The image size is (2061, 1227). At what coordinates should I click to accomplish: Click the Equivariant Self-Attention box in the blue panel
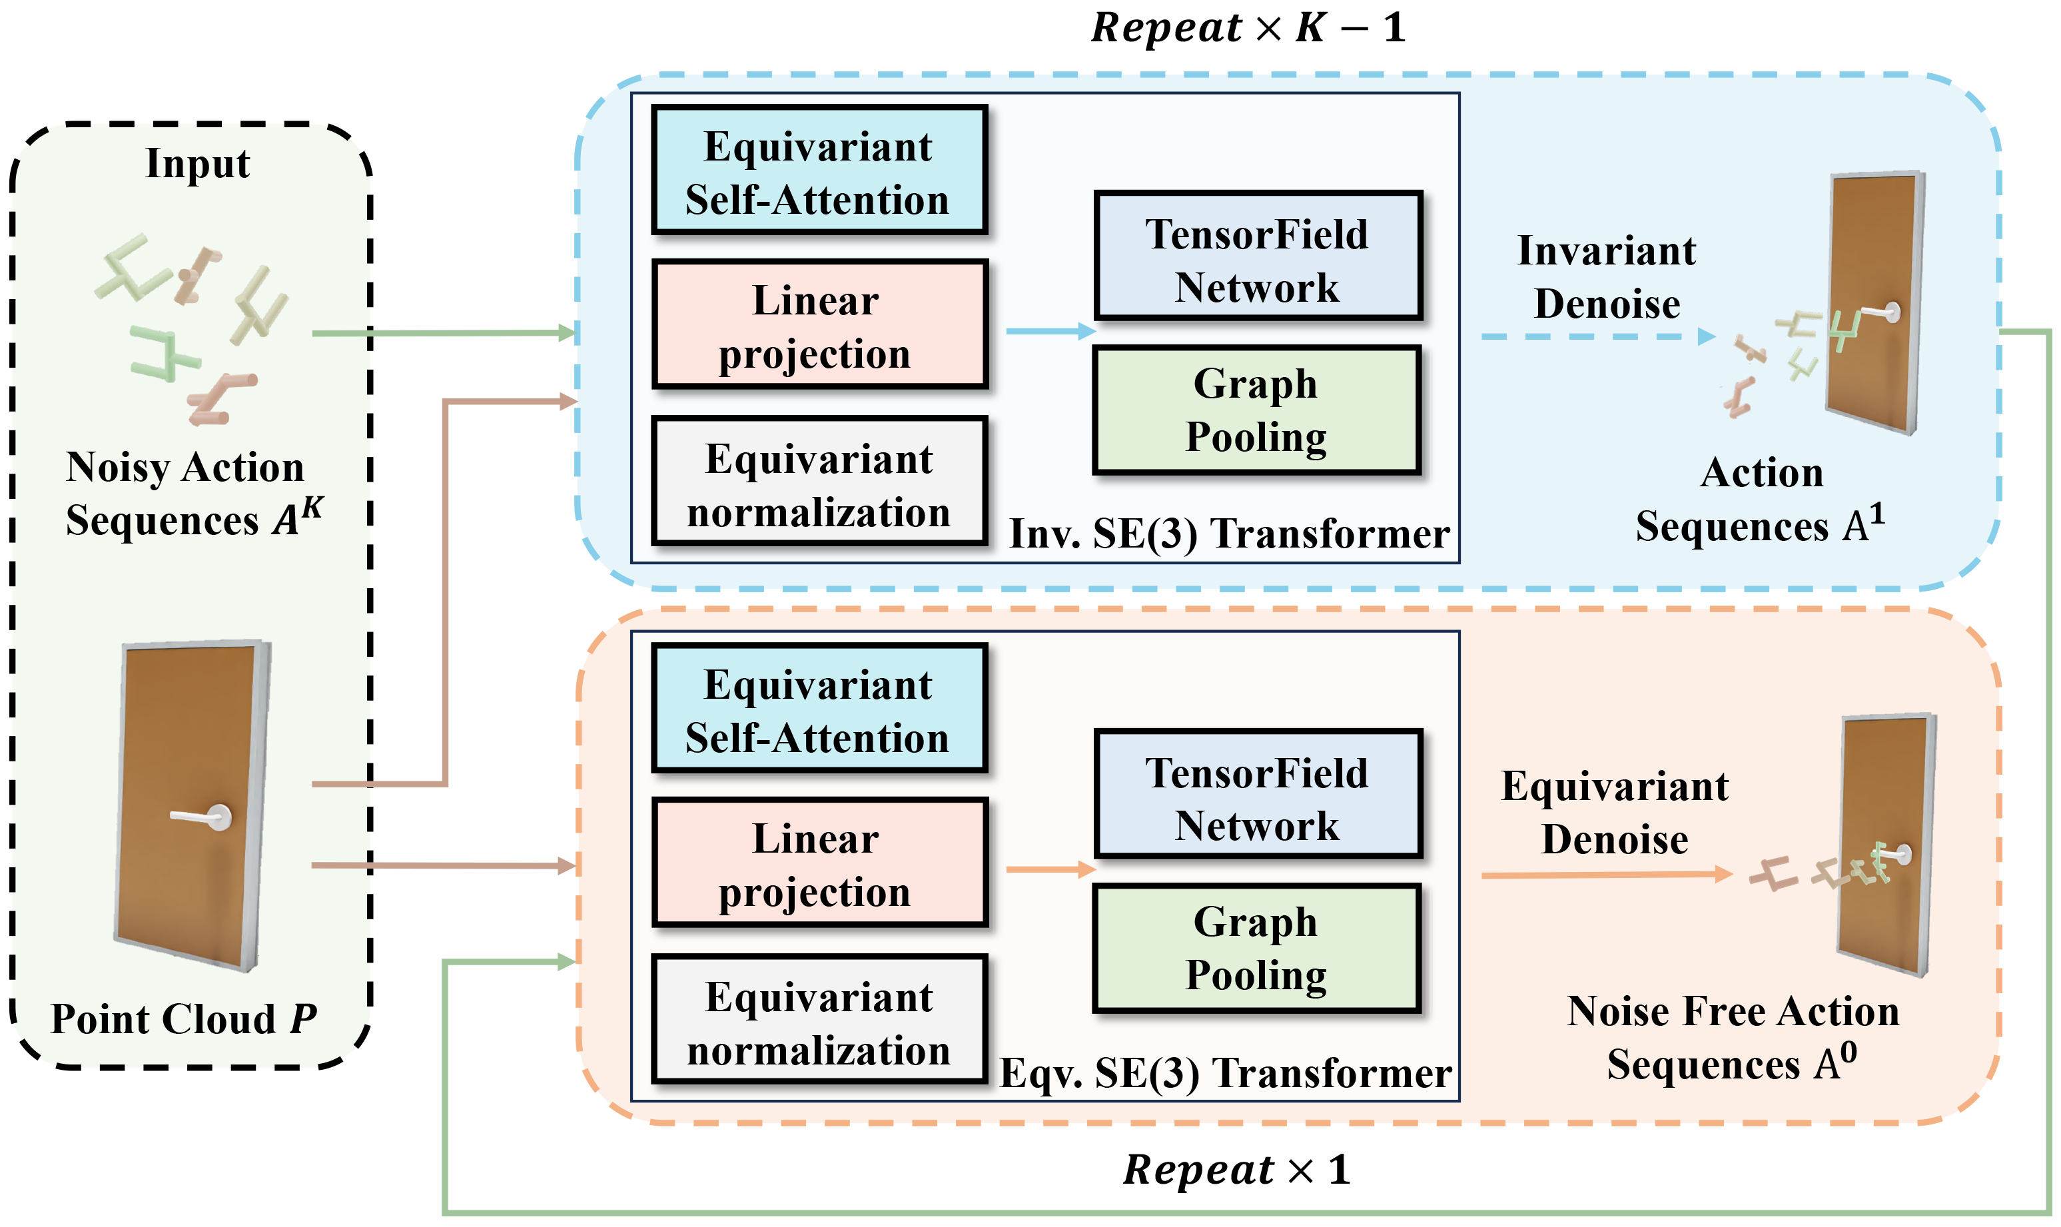[x=819, y=171]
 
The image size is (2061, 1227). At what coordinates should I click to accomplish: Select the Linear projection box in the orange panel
[x=819, y=863]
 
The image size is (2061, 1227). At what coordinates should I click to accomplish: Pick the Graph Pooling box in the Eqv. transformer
[x=1255, y=947]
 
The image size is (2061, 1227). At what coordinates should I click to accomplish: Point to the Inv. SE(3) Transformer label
[x=1228, y=534]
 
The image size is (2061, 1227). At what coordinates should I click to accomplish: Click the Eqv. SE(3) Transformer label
[x=1225, y=1073]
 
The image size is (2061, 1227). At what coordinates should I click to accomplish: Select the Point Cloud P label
[x=184, y=1019]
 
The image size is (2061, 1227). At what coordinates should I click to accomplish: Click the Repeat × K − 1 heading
[x=1247, y=28]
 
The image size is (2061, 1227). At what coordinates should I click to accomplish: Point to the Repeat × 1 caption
[x=1236, y=1170]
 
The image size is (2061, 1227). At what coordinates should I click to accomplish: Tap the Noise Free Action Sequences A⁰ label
[x=1732, y=1038]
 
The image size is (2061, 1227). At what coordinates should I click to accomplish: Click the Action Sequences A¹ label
[x=1761, y=500]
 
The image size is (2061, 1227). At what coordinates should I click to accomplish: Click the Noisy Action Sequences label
[x=192, y=494]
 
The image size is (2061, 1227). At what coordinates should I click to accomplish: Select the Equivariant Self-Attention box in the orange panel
[x=819, y=709]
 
